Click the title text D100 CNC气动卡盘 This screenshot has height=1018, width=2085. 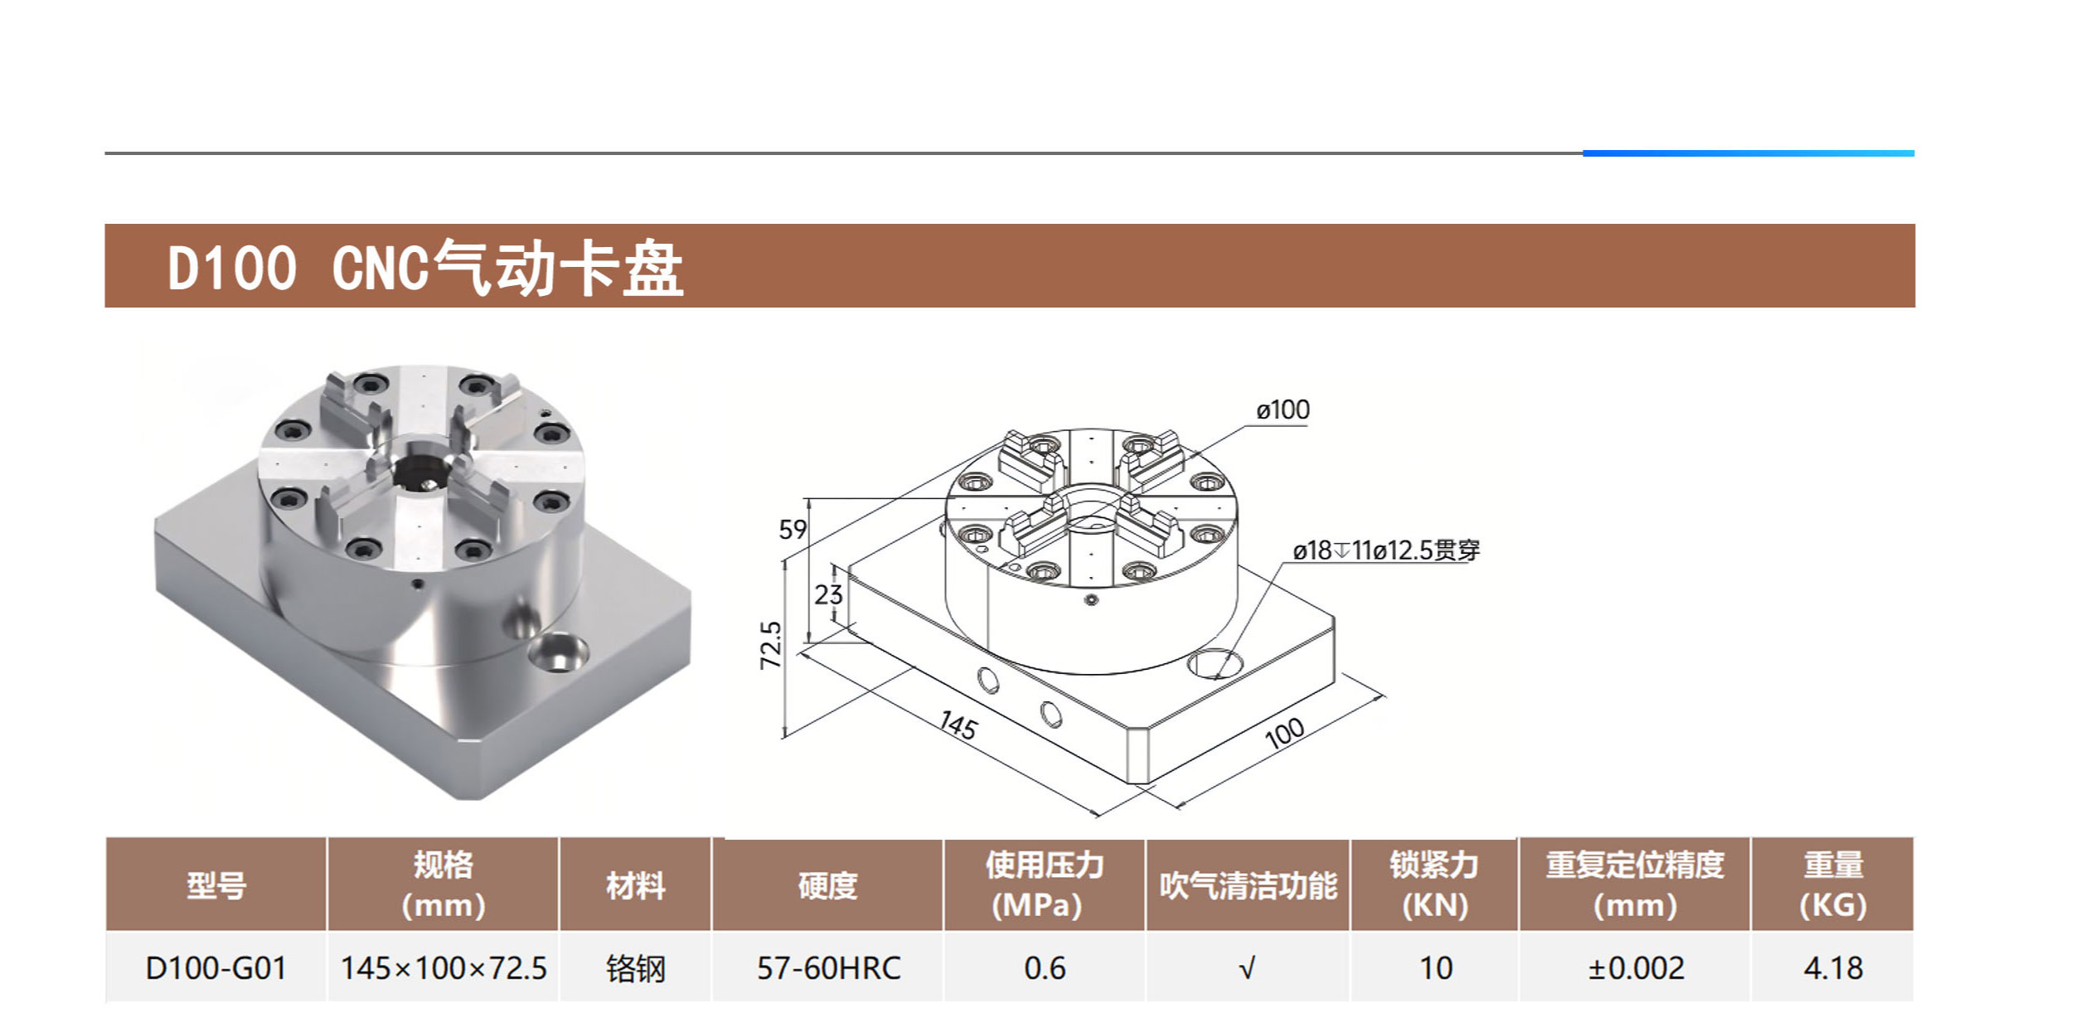[424, 268]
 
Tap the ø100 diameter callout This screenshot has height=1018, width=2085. [1283, 410]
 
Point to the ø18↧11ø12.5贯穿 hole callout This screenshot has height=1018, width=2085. [1385, 550]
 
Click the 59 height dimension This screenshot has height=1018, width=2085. [793, 530]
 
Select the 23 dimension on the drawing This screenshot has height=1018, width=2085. [827, 594]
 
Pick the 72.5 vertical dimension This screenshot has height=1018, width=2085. [771, 645]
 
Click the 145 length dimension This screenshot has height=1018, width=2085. [958, 726]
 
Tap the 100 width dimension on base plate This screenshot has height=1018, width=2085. [1284, 733]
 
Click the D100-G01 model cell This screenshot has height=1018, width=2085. [216, 968]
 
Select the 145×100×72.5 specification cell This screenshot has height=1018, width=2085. [444, 968]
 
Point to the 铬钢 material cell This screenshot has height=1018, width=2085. [635, 968]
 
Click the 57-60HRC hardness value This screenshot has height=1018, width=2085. [828, 968]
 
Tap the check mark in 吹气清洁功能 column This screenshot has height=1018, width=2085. [1247, 968]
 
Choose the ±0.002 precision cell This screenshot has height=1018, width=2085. [1636, 968]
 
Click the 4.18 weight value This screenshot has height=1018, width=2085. [1833, 968]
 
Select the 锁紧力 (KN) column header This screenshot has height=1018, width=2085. [1434, 885]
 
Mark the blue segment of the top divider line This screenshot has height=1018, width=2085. [1748, 153]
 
